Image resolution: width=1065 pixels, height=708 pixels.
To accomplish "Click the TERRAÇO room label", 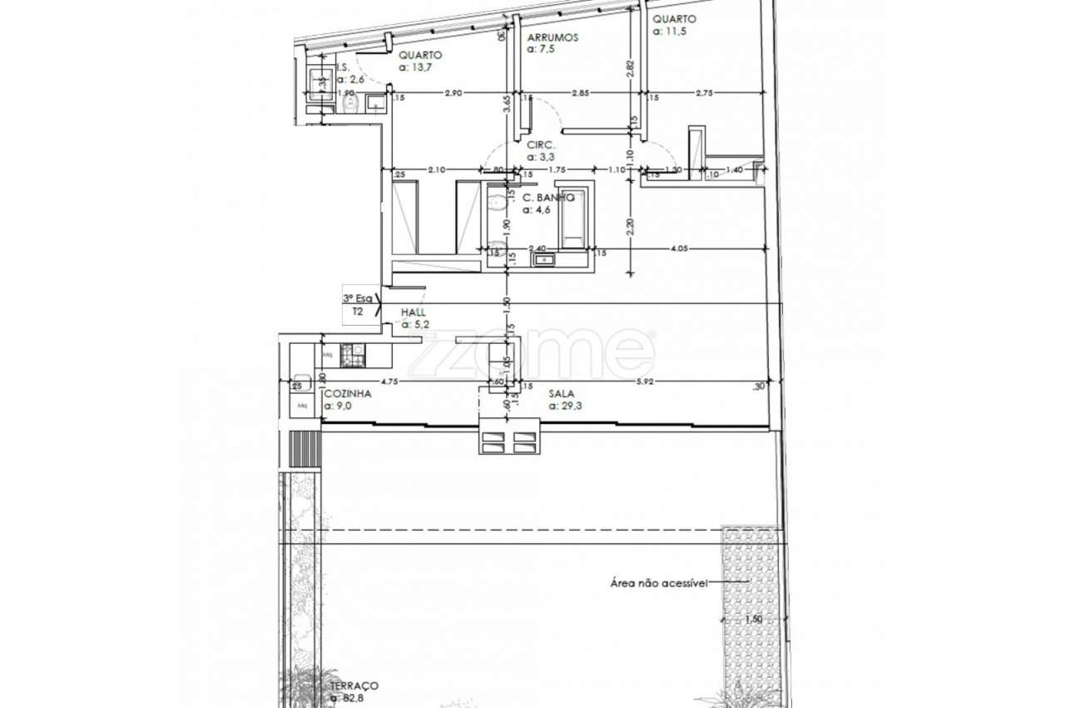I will [x=354, y=685].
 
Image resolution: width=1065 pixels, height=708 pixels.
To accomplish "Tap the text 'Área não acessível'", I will [x=658, y=583].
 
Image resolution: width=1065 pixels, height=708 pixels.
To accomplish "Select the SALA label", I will [x=562, y=393].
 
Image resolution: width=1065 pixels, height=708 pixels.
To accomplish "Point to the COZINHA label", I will [x=348, y=393].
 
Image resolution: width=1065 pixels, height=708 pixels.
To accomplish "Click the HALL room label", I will [x=414, y=312].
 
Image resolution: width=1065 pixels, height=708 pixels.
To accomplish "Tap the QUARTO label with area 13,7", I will [x=420, y=55].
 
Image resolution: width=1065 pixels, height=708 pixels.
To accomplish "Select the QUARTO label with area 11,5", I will [x=674, y=19].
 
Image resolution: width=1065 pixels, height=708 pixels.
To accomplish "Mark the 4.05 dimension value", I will [x=681, y=247].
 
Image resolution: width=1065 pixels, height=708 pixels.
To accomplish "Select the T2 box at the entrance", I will [x=358, y=312].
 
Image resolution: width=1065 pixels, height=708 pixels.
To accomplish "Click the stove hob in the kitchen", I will [x=353, y=355].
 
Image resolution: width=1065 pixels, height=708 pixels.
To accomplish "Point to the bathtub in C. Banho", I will [x=574, y=218].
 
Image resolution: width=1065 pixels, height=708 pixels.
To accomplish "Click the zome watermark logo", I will [x=532, y=354].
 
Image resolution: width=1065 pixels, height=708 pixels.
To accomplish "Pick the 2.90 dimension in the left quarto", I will [x=453, y=93].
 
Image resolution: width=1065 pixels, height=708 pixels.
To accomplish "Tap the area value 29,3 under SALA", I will [x=564, y=406].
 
